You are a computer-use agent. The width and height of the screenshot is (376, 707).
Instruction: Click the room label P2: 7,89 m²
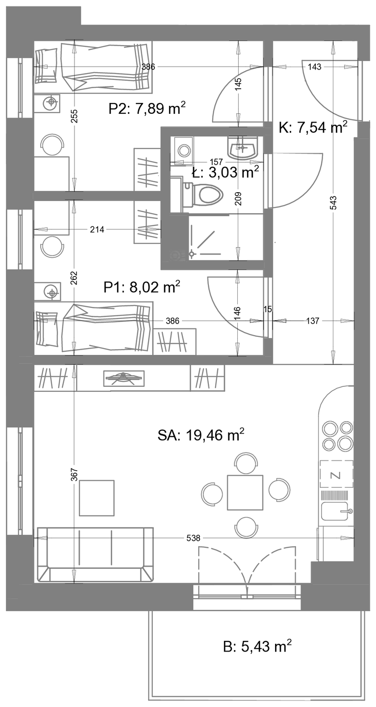point(147,109)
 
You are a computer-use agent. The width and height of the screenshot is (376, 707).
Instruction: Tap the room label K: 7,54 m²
point(313,128)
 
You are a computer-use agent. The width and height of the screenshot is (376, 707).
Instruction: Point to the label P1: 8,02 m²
point(142,287)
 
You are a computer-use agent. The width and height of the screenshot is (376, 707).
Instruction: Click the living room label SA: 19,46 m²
point(201,435)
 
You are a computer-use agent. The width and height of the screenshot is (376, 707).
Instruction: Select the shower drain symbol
point(192,254)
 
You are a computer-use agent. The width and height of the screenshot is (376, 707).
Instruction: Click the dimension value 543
point(334,202)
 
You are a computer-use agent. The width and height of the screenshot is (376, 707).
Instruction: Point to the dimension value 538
point(193,537)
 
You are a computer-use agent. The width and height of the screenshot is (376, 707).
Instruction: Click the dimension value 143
point(315,67)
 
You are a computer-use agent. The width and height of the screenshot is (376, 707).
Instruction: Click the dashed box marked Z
point(337,474)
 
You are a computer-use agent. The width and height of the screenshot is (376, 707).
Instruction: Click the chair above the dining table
point(246,463)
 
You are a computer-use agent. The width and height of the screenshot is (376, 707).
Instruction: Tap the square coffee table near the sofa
point(97,498)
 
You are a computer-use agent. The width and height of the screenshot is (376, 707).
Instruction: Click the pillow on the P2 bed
point(46,66)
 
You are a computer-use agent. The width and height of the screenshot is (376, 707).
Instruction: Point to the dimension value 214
point(97,229)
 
